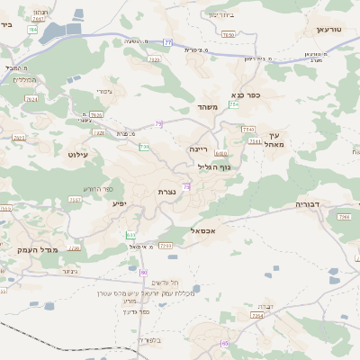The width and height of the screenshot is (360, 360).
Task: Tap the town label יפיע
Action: click(119, 203)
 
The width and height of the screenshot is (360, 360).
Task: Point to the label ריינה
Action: click(198, 148)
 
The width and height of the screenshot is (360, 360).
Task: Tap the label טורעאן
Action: click(329, 30)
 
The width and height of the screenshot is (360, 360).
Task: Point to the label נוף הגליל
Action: click(214, 166)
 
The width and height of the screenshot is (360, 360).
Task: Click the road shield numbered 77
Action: click(167, 42)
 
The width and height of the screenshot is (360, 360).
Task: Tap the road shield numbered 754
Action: click(234, 105)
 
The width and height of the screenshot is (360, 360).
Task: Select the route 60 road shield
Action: click(143, 271)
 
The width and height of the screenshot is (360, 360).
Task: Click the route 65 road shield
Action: click(225, 343)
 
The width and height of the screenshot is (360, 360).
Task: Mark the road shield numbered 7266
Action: click(343, 217)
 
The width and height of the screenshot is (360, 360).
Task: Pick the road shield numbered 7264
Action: click(257, 316)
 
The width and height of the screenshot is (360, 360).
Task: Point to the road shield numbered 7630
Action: click(228, 34)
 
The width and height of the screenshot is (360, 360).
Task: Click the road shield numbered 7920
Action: click(154, 59)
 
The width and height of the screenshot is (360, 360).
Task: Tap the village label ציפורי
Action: click(104, 91)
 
